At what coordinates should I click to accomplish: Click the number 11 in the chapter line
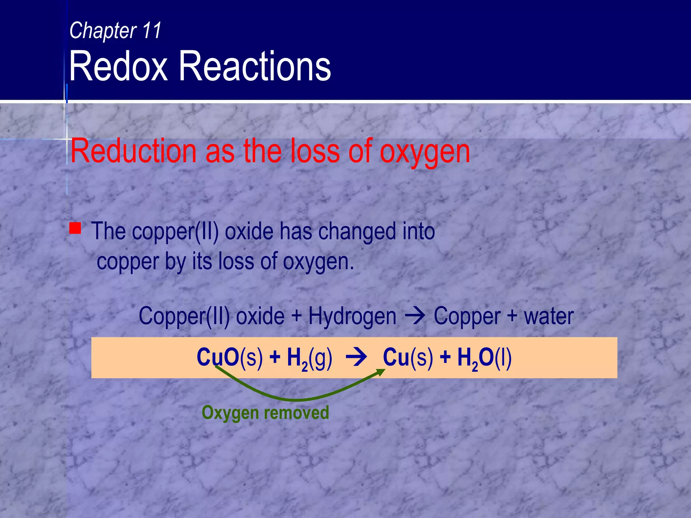(151, 30)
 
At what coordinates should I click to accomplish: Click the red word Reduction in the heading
(133, 151)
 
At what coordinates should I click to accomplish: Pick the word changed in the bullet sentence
(357, 232)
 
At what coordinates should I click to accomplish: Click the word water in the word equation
(549, 316)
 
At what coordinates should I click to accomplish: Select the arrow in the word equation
(415, 316)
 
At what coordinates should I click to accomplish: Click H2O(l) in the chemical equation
(485, 358)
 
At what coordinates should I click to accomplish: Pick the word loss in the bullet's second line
(236, 262)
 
